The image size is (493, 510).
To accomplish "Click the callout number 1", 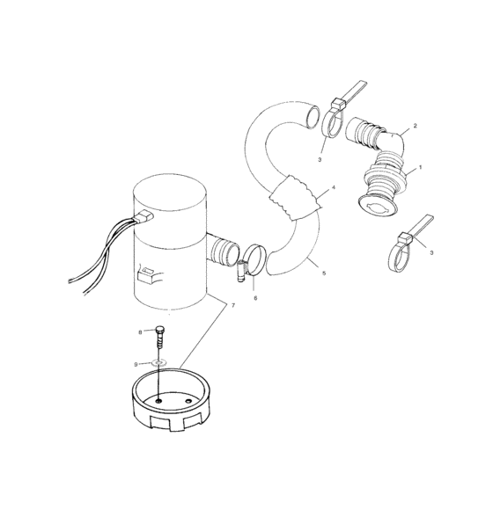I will (422, 167).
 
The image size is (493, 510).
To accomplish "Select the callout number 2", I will (416, 126).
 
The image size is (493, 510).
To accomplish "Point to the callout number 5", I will (324, 274).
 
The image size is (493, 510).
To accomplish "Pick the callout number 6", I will (255, 298).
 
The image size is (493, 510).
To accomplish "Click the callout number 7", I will (233, 305).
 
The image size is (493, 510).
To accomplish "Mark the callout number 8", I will (139, 331).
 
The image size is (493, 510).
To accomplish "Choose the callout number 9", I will (136, 363).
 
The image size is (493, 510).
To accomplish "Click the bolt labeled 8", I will (158, 338).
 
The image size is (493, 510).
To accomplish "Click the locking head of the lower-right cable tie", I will (403, 240).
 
